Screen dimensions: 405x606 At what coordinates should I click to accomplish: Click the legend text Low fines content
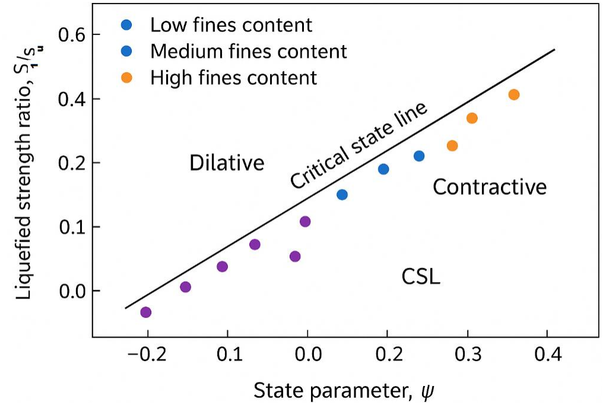pos(231,26)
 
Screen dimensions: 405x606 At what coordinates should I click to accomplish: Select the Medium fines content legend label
pos(248,52)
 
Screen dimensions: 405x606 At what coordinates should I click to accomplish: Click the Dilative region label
pos(227,163)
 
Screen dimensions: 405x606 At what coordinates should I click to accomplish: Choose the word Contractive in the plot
pos(489,188)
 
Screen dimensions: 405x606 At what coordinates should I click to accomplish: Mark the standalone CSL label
pos(421,277)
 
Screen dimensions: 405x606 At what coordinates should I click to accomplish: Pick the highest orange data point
pos(514,95)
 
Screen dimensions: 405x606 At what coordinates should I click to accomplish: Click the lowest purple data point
pos(145,312)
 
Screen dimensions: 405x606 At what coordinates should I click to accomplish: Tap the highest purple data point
pos(305,222)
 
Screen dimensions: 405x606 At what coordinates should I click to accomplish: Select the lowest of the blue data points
pos(342,194)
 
